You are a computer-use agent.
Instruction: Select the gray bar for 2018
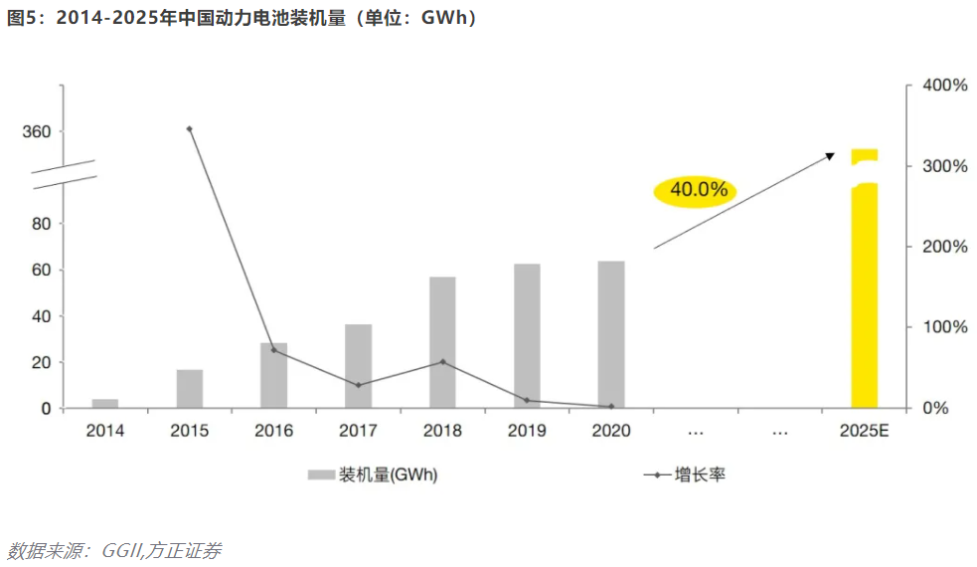(x=442, y=342)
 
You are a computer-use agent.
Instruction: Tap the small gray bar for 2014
(x=105, y=403)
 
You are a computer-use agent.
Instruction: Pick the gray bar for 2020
(x=611, y=334)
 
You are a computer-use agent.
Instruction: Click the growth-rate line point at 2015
(x=189, y=128)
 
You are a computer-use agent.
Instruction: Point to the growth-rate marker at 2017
(x=358, y=385)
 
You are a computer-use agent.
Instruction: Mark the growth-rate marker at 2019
(x=527, y=401)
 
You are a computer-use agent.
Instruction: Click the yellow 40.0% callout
(x=695, y=189)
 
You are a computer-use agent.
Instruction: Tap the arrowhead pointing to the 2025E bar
(x=829, y=155)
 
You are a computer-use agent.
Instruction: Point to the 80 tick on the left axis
(x=41, y=224)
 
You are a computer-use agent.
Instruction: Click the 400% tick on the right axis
(x=944, y=87)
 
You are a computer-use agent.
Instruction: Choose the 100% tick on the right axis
(x=944, y=327)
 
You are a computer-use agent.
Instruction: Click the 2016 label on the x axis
(x=273, y=432)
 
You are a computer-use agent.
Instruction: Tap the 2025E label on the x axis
(x=864, y=432)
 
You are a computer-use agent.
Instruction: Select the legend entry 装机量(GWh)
(x=373, y=475)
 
